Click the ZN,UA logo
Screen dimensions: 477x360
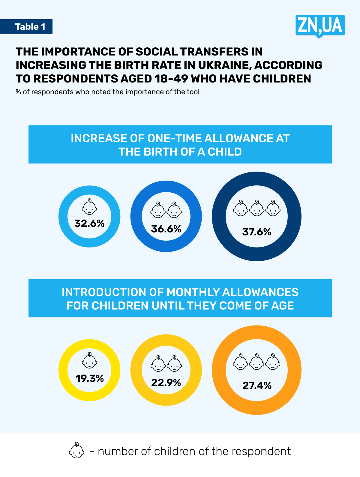pos(320,25)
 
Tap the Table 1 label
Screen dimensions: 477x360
pos(30,27)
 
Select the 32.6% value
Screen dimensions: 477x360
pos(89,223)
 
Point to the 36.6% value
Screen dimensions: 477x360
pos(166,229)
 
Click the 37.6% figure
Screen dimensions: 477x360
pos(257,232)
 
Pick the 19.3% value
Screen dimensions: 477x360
pos(90,378)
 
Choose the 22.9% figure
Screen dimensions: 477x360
pos(166,383)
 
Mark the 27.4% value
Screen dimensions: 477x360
pos(257,385)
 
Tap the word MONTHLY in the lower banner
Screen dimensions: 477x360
pos(193,292)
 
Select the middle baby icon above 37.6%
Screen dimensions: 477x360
pos(257,208)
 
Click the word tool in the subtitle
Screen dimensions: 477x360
pos(193,92)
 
